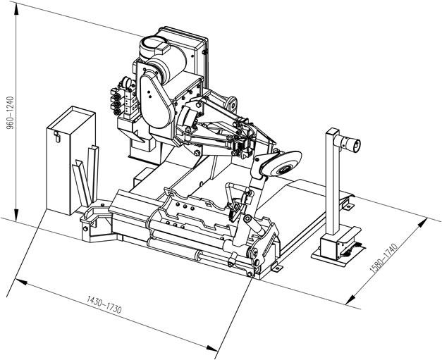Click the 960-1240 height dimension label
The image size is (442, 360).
point(10,113)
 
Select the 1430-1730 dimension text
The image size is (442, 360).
point(104,305)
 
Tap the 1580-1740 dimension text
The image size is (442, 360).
point(383,258)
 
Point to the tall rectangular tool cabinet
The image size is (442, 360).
point(71,160)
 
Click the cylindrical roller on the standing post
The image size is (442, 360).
point(348,143)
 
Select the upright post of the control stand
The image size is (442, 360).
point(333,182)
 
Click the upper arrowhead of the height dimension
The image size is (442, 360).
point(16,11)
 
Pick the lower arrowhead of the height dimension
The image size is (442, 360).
point(16,215)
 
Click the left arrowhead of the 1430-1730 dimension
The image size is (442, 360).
point(21,281)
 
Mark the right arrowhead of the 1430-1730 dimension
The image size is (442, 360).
point(212,348)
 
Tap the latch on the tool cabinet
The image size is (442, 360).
point(57,137)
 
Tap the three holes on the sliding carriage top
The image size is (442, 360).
point(185,206)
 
